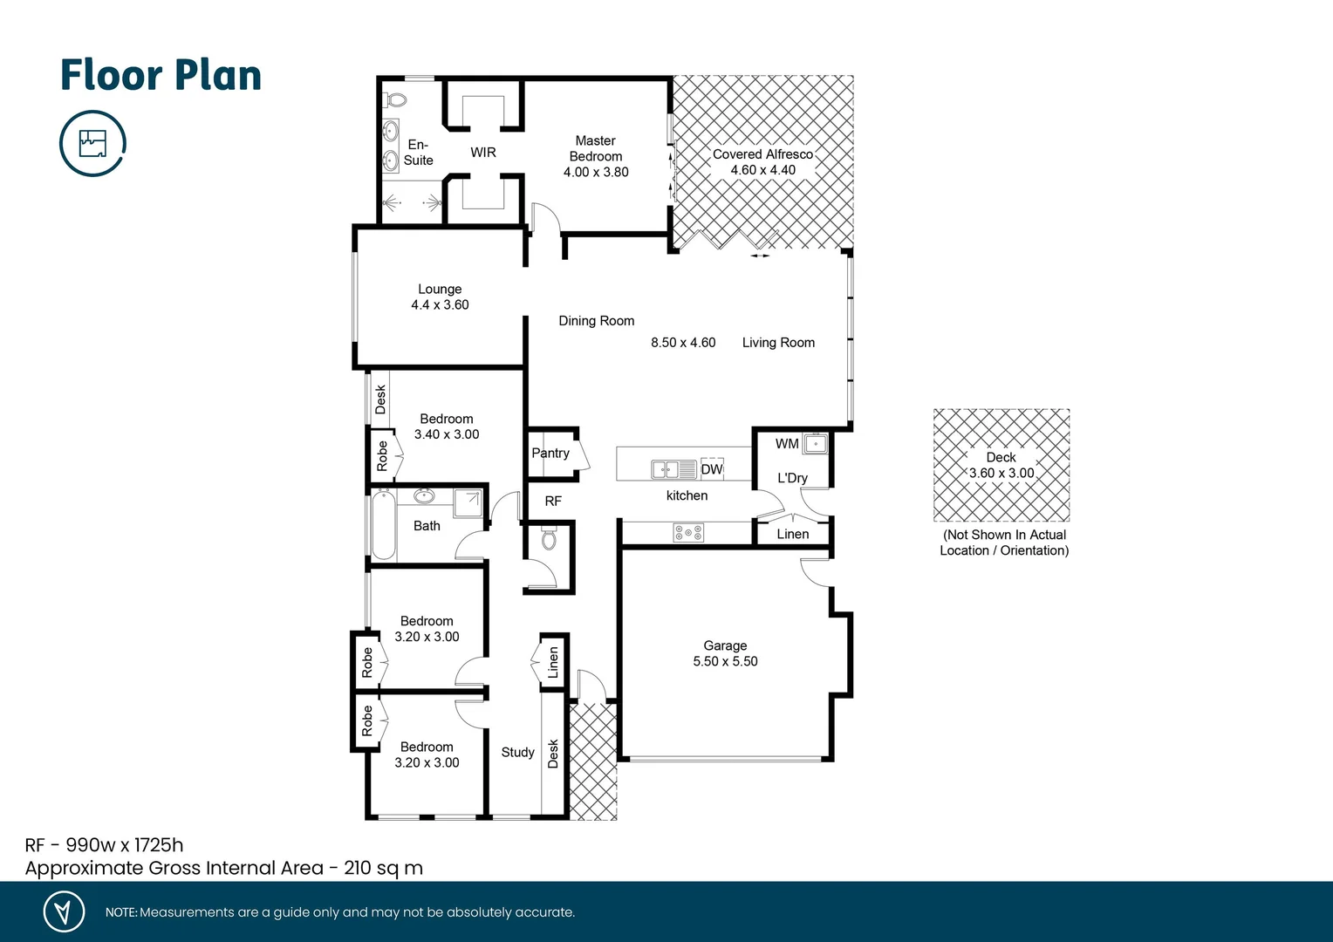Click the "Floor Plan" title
[161, 75]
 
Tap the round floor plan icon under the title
[92, 143]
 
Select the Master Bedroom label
[596, 148]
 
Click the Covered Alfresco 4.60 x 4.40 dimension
[762, 170]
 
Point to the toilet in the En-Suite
[396, 99]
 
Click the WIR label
[482, 153]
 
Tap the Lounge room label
[440, 289]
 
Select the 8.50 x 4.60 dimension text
[683, 343]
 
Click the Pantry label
[550, 453]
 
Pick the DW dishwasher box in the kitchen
[712, 469]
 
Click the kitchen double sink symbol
[673, 470]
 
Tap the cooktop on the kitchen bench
[688, 531]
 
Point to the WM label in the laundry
[787, 444]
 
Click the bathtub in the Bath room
[383, 525]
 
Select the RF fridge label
[553, 501]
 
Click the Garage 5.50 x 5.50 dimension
[725, 661]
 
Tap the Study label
[517, 752]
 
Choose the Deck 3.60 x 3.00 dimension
[1001, 473]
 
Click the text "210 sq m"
[383, 868]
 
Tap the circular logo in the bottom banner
[64, 911]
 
